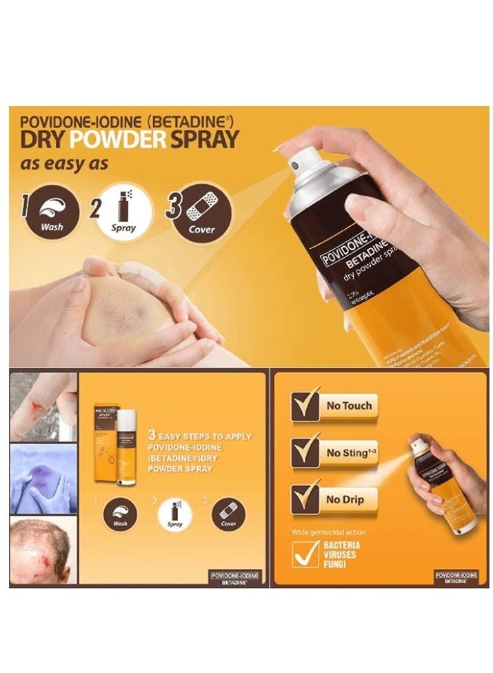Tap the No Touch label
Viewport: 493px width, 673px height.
(348, 405)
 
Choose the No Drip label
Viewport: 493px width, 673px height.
(345, 499)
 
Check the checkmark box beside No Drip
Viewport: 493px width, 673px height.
(305, 499)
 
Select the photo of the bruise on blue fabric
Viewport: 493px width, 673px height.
(43, 478)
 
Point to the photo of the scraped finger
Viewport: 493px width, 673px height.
(43, 406)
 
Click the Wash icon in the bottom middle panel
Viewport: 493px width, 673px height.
(119, 514)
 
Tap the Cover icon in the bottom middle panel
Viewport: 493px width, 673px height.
(228, 514)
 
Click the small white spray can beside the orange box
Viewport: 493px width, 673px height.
(126, 447)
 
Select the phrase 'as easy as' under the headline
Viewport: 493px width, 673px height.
(58, 165)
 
